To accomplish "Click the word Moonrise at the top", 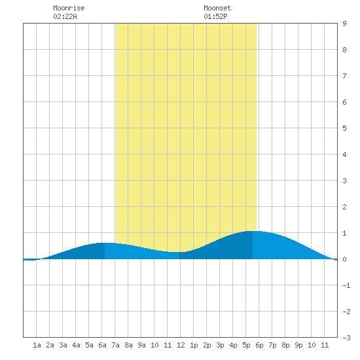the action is tap(69, 8).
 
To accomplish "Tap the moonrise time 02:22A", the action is tap(65, 16).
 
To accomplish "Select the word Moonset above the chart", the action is tap(217, 8).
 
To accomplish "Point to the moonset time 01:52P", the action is tap(215, 16).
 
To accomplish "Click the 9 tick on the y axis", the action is tap(344, 24).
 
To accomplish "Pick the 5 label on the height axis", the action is tap(344, 128).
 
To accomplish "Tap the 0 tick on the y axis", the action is tap(344, 259).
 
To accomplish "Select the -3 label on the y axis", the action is tap(346, 338).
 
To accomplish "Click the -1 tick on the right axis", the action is tap(346, 285).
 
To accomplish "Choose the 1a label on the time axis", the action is tap(37, 345).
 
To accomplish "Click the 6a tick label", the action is tap(102, 345).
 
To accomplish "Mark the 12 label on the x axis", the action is tap(181, 345).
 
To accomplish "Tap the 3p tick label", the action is tap(220, 345).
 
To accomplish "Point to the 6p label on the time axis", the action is tap(259, 345).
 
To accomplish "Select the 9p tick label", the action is tap(298, 345).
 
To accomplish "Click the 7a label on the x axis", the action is tap(115, 345).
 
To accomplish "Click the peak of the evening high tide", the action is tap(253, 231).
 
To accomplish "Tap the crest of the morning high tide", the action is tap(105, 243).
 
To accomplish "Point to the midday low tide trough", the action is tap(179, 252).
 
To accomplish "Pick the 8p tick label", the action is tap(285, 345).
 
